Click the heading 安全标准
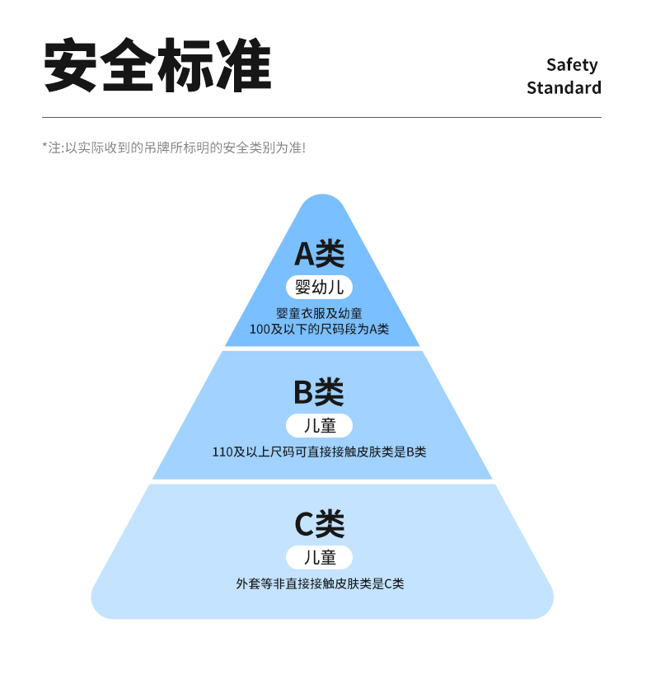(157, 65)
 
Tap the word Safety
(572, 65)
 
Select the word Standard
(564, 87)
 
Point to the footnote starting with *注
(174, 148)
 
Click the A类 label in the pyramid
(320, 254)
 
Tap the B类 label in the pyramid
(319, 392)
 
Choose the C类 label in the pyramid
(320, 524)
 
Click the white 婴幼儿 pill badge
(319, 287)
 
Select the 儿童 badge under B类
(319, 426)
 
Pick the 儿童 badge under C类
(319, 557)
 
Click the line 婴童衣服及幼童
(319, 313)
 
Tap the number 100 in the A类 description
(260, 329)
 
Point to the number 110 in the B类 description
(222, 452)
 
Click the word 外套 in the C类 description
(248, 583)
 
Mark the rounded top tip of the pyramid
(323, 196)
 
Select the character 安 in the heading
(70, 65)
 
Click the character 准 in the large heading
(244, 65)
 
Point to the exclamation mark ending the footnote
(304, 148)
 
